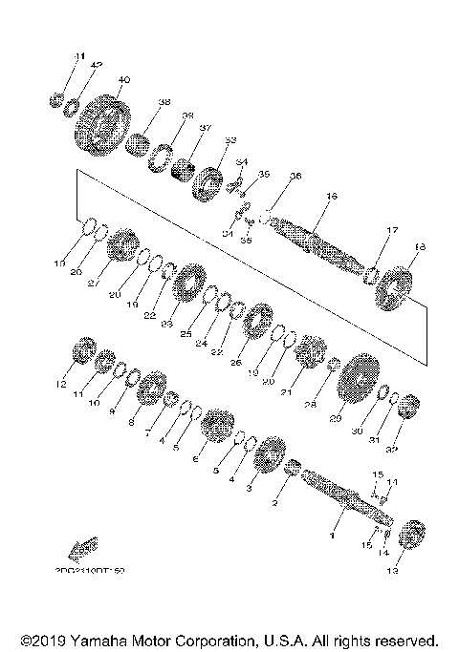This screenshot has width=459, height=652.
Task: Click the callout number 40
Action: point(123,79)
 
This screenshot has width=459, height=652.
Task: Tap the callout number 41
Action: point(79,55)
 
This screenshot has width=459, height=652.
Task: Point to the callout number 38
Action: point(164,102)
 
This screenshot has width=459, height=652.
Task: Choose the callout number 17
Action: point(391,230)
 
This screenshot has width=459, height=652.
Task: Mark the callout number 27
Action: point(95,283)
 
